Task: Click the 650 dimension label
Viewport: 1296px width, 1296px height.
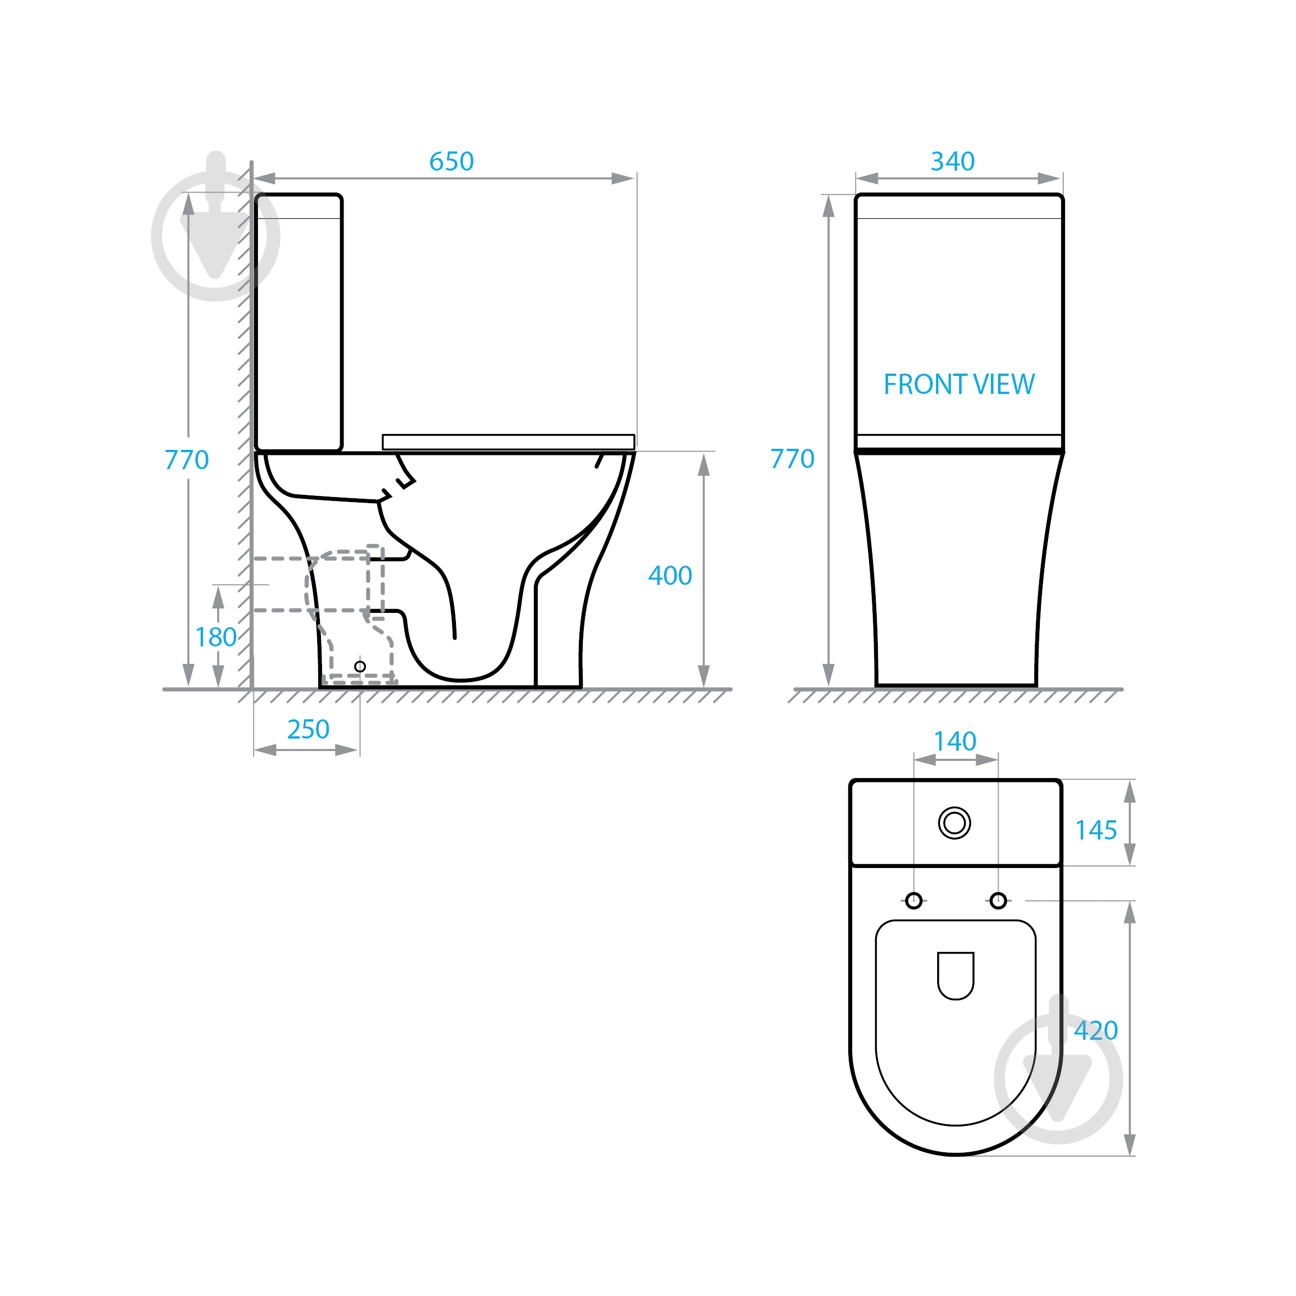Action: [x=452, y=162]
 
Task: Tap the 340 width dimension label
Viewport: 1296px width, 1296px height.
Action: [x=953, y=162]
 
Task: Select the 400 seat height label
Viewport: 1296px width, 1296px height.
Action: [x=669, y=576]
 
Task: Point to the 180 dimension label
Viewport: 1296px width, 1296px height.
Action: [x=215, y=637]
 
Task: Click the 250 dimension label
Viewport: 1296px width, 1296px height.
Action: [x=308, y=729]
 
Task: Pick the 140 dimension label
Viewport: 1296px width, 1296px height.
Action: [x=955, y=741]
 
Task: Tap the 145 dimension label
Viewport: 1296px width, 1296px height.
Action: [x=1096, y=831]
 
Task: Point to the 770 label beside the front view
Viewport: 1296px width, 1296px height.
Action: [x=792, y=459]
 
